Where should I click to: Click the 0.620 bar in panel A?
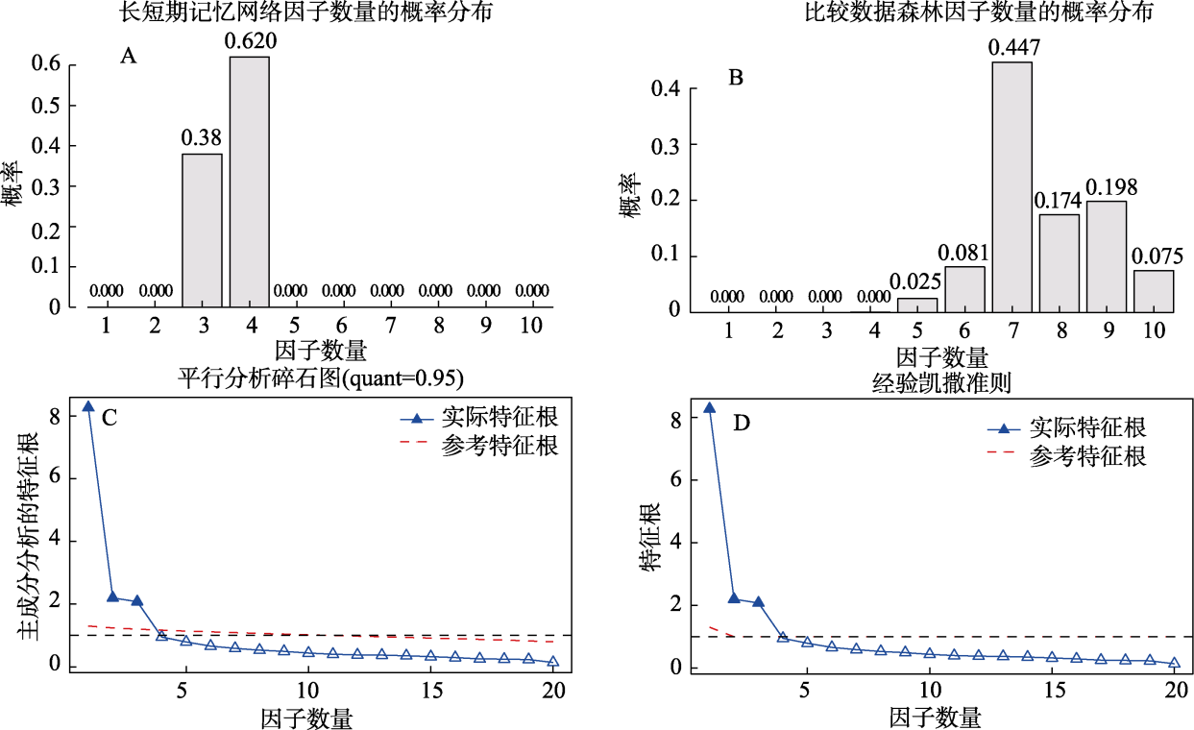click(249, 182)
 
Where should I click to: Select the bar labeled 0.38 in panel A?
click(202, 231)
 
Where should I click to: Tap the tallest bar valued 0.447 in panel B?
click(1012, 186)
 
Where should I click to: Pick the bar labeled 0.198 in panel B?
click(1107, 255)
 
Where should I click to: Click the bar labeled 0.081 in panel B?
click(965, 288)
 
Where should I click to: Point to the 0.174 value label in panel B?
click(1059, 202)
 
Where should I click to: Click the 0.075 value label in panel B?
click(1154, 257)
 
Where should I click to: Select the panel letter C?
click(110, 418)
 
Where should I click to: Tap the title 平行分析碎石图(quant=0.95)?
click(321, 378)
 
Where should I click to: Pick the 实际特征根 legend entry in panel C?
click(480, 418)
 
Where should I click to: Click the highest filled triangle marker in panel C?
click(88, 406)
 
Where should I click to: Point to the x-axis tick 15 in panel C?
click(430, 691)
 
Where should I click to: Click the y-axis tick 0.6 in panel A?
click(48, 65)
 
